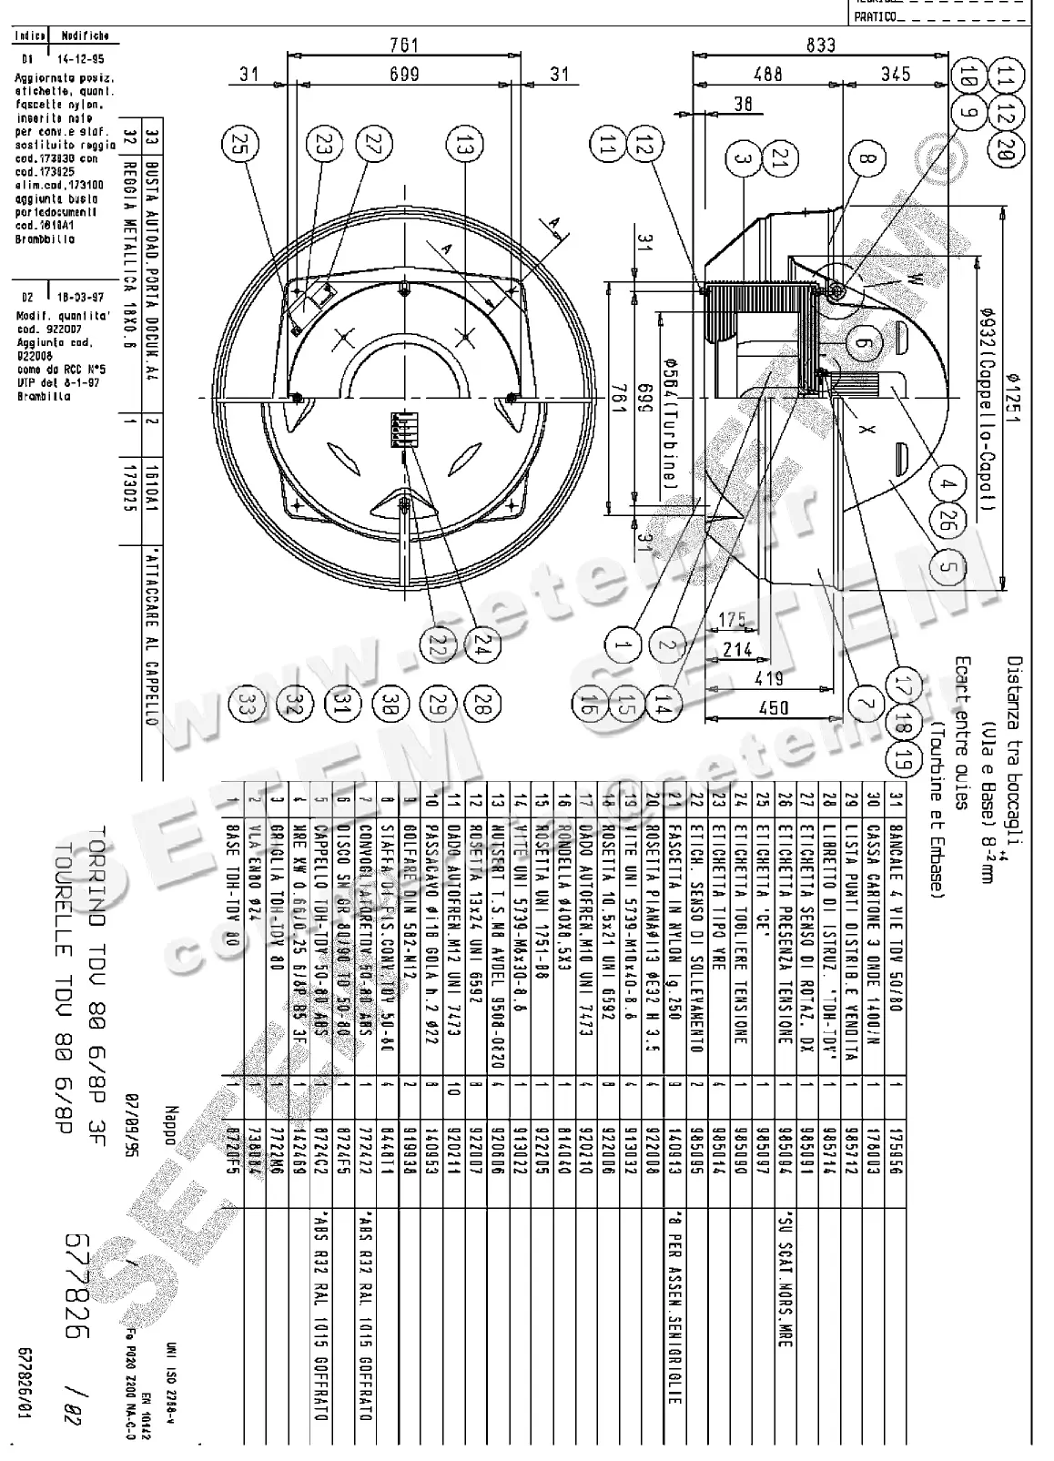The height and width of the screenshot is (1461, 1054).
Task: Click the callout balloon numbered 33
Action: [244, 703]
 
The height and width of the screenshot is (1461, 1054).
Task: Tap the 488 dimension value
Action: [769, 74]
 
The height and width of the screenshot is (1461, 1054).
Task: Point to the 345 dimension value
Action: [895, 74]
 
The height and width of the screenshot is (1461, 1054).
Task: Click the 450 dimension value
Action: [773, 707]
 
